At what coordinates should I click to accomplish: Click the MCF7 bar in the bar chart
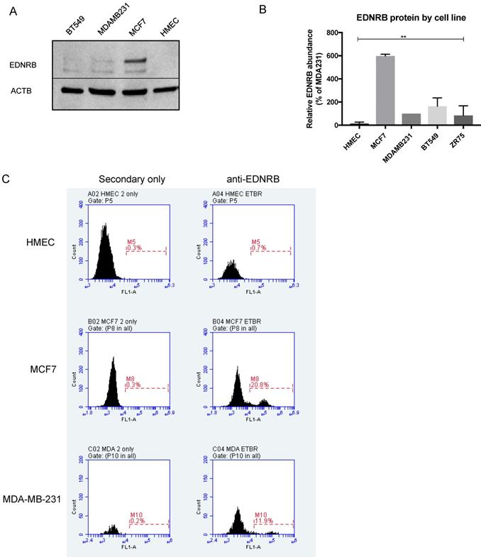385,90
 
